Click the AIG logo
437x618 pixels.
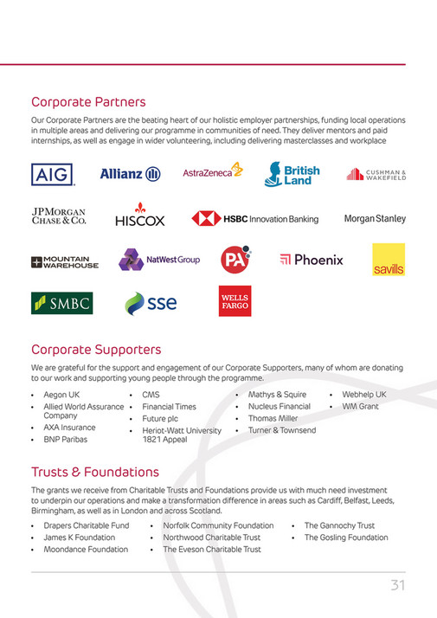pyautogui.click(x=52, y=174)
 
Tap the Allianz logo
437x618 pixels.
pyautogui.click(x=130, y=174)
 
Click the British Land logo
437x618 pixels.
pyautogui.click(x=292, y=174)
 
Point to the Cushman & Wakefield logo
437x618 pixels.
pyautogui.click(x=376, y=174)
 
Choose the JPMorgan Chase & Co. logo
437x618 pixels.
pyautogui.click(x=60, y=216)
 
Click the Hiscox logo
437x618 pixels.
pyautogui.click(x=139, y=216)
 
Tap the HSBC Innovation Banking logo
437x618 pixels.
pyautogui.click(x=254, y=218)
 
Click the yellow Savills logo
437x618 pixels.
pyautogui.click(x=388, y=261)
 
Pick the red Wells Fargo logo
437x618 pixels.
pyautogui.click(x=234, y=300)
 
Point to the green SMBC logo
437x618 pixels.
pyautogui.click(x=61, y=302)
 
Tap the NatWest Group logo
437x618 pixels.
pyautogui.click(x=158, y=260)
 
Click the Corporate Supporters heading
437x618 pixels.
pyautogui.click(x=96, y=350)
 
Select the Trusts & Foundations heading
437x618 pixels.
pyautogui.click(x=95, y=472)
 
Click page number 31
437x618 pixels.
pyautogui.click(x=397, y=586)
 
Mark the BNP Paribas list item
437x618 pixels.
pyautogui.click(x=65, y=439)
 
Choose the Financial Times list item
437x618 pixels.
pyautogui.click(x=169, y=406)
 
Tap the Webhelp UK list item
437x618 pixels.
pyautogui.click(x=363, y=395)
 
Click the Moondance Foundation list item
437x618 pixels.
pyautogui.click(x=86, y=549)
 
